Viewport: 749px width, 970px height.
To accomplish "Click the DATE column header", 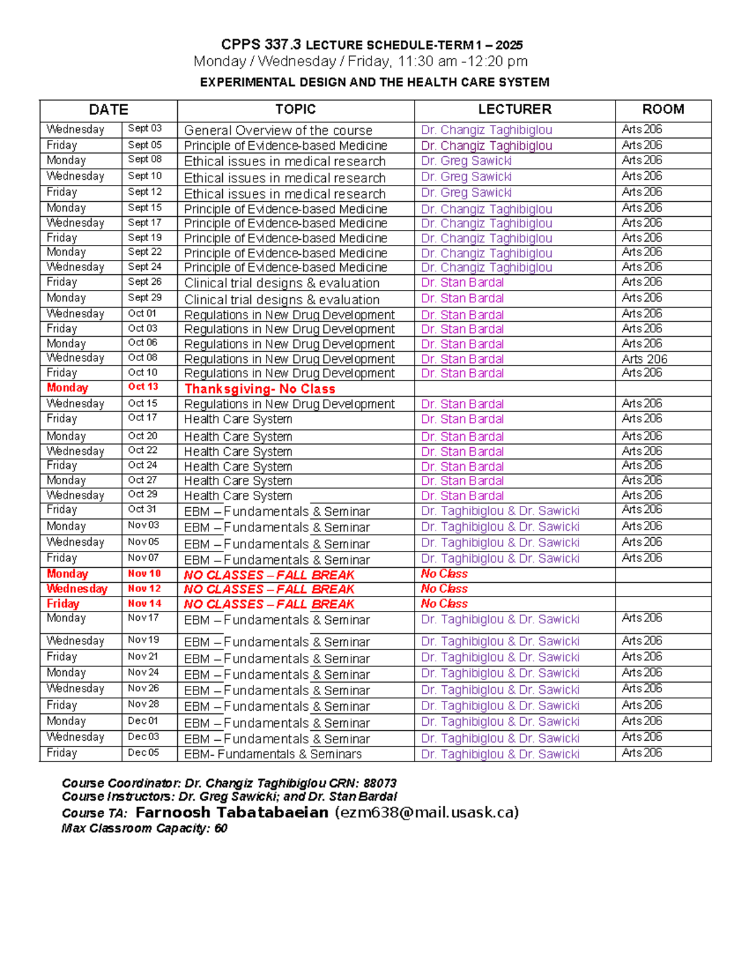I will (x=109, y=110).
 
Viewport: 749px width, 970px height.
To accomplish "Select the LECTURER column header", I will (x=514, y=109).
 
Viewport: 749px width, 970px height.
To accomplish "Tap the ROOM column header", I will (x=663, y=109).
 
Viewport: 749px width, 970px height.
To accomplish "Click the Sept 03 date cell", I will (x=145, y=129).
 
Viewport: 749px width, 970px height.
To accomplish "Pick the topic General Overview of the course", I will (x=278, y=131).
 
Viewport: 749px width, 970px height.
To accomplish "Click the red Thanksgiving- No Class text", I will (x=260, y=388).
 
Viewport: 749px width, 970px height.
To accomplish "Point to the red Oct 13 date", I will (x=143, y=387).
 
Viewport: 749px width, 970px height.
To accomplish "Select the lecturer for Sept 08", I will (x=466, y=161).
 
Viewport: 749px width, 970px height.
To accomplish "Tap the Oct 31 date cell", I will (x=142, y=509).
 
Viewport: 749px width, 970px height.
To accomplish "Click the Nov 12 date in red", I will (x=144, y=588).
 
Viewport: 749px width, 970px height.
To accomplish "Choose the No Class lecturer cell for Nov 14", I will (x=444, y=604).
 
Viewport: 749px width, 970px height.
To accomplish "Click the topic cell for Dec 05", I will (x=273, y=754).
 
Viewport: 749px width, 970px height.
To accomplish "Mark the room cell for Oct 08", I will (x=644, y=359).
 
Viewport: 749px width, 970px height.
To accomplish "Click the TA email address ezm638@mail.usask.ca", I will (x=427, y=813).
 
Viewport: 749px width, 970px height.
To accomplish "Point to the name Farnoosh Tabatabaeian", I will (x=232, y=813).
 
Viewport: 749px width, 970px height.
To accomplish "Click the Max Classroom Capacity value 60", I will (x=220, y=829).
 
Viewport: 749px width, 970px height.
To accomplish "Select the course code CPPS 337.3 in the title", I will (x=261, y=45).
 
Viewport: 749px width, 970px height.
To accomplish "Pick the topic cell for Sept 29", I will (x=281, y=300).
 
